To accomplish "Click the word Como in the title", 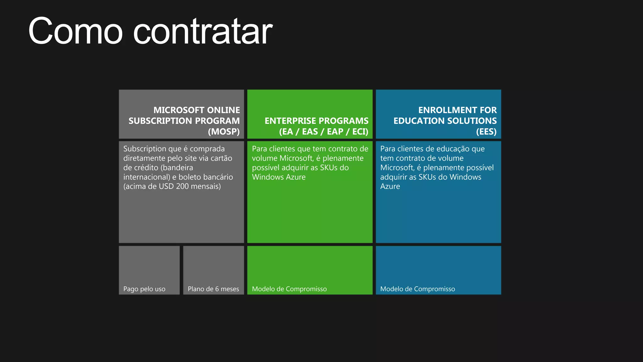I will [x=75, y=31].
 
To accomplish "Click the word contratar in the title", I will [x=203, y=31].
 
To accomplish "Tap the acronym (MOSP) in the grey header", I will [x=224, y=131].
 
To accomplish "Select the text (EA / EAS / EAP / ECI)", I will [x=324, y=131].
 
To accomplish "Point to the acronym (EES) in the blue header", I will [x=486, y=131].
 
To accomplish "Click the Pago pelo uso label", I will [x=144, y=289].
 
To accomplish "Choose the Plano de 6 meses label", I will [x=213, y=289].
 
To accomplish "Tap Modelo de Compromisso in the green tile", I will [x=289, y=289].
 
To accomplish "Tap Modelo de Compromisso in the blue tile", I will [x=417, y=289].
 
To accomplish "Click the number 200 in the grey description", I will [x=182, y=186].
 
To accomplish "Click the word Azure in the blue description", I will [x=390, y=186].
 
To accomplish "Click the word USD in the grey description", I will [x=166, y=186].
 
